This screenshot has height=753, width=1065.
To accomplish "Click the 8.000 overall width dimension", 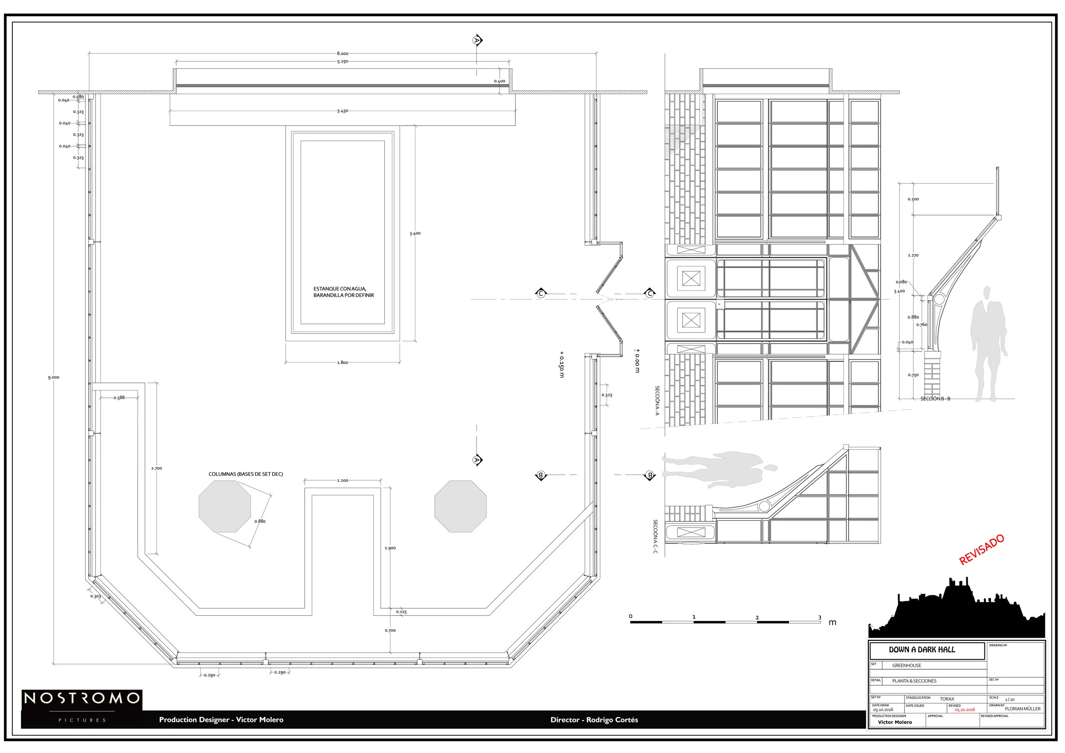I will pos(343,54).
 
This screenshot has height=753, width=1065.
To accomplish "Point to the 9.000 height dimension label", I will pos(53,377).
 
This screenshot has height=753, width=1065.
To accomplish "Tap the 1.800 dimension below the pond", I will pos(343,362).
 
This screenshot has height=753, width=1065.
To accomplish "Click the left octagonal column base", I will pos(225,506).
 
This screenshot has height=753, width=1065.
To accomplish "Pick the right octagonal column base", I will pos(460,506).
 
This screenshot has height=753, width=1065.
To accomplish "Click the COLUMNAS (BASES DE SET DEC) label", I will pos(245,474).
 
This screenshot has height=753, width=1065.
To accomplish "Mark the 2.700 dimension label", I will pos(156,468).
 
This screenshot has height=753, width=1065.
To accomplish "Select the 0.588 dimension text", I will pos(119,398).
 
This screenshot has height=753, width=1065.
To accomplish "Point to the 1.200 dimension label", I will pos(343,480).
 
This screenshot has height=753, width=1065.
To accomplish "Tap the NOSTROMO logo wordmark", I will pos(82,698).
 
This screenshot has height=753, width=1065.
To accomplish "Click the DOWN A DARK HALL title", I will pos(922,650).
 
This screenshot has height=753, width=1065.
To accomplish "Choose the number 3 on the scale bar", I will pos(819,618).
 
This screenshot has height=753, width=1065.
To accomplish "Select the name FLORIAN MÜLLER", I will pos(1022,708).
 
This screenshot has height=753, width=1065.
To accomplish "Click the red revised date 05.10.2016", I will pos(964,710).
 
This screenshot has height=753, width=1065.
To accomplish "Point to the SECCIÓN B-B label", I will pos(935,399).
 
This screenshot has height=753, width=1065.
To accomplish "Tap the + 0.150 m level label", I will pos(561,364).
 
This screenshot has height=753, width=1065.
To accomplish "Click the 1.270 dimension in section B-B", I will pos(913,256).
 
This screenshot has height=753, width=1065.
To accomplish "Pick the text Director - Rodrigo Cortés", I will pos(594,720).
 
